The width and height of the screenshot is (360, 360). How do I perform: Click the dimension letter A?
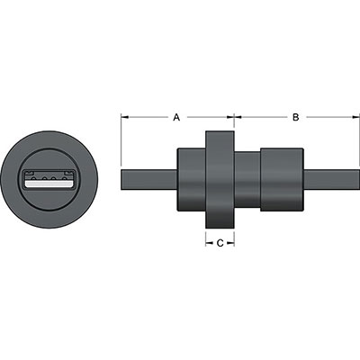point(177,117)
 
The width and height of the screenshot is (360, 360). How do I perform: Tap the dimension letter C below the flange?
point(220,242)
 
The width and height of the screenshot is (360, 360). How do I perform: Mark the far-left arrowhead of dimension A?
point(124,117)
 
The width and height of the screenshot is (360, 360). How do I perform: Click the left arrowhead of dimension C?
point(209,242)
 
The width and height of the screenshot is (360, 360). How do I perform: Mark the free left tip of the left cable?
point(122,177)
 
